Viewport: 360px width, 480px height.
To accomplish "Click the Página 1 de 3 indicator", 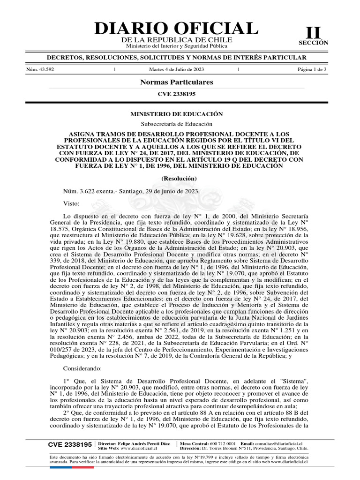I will (x=312, y=69).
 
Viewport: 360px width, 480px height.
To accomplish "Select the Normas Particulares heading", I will (x=177, y=82).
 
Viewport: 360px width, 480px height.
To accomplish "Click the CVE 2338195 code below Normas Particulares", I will (x=177, y=94).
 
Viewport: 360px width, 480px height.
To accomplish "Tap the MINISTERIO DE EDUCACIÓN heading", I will (x=177, y=114).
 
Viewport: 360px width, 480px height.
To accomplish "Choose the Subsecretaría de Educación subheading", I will (x=177, y=124).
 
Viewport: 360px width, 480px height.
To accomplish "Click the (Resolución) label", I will (x=177, y=179).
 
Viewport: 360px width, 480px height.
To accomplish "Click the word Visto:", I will (x=72, y=203).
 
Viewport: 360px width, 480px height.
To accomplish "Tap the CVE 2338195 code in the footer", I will (x=70, y=444).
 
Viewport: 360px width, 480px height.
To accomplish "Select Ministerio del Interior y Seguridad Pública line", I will (x=177, y=46).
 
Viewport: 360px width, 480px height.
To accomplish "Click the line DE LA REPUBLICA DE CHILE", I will (x=177, y=41).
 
